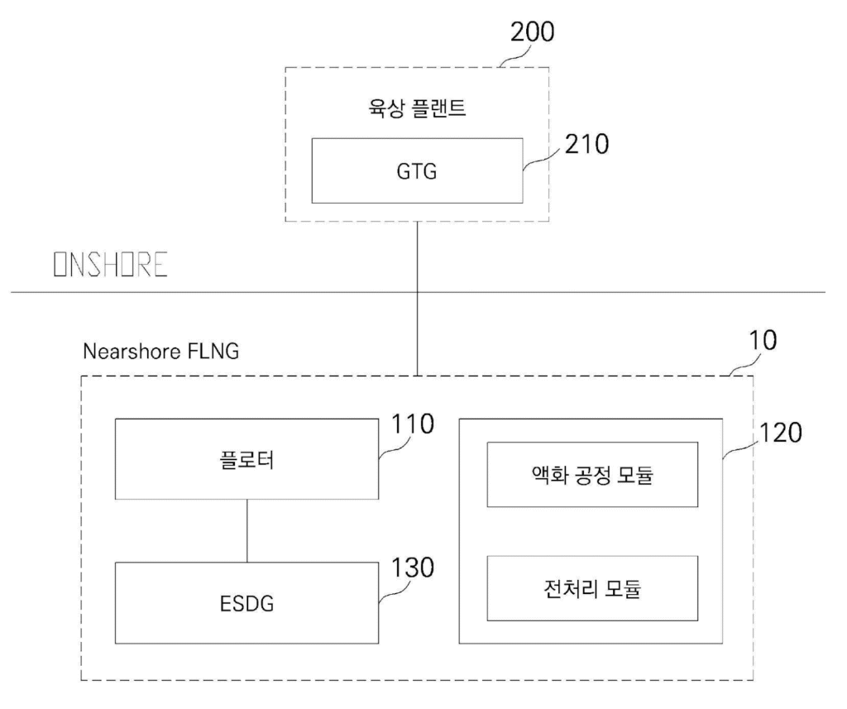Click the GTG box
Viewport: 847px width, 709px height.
(x=417, y=170)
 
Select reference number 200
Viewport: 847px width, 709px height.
(x=533, y=32)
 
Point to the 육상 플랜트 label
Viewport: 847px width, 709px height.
(x=416, y=108)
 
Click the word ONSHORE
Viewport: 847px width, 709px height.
(x=110, y=265)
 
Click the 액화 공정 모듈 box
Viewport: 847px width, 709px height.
(x=591, y=474)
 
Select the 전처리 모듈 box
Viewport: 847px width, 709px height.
(x=591, y=588)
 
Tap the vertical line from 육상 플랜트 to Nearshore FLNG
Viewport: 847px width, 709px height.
(x=417, y=298)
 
